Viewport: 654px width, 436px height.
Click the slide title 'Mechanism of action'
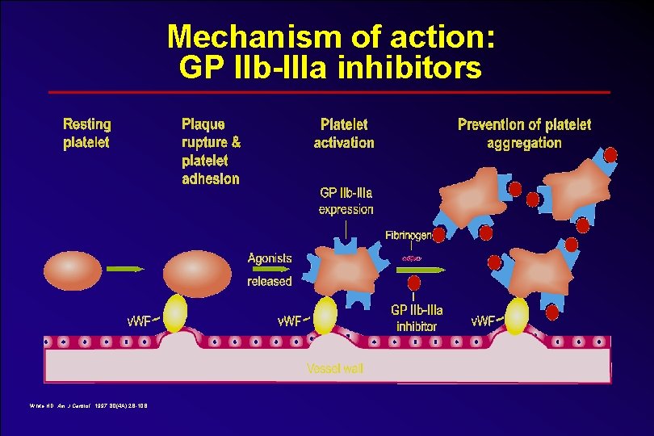[x=330, y=37]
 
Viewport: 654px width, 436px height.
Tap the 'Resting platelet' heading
[x=87, y=133]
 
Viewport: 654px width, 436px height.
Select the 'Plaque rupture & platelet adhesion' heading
[x=211, y=151]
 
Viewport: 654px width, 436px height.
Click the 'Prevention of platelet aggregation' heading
[x=524, y=133]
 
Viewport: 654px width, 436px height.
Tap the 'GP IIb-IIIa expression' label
[x=346, y=201]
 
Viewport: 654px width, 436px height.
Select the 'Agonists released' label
[x=270, y=270]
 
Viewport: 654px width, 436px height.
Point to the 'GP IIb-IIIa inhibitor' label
[x=417, y=318]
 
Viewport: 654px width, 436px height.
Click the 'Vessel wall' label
[x=335, y=368]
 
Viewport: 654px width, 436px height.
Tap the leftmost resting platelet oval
[x=73, y=270]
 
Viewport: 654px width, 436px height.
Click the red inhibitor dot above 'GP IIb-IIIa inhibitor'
[x=414, y=284]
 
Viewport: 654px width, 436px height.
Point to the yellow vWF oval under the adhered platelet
[x=174, y=313]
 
